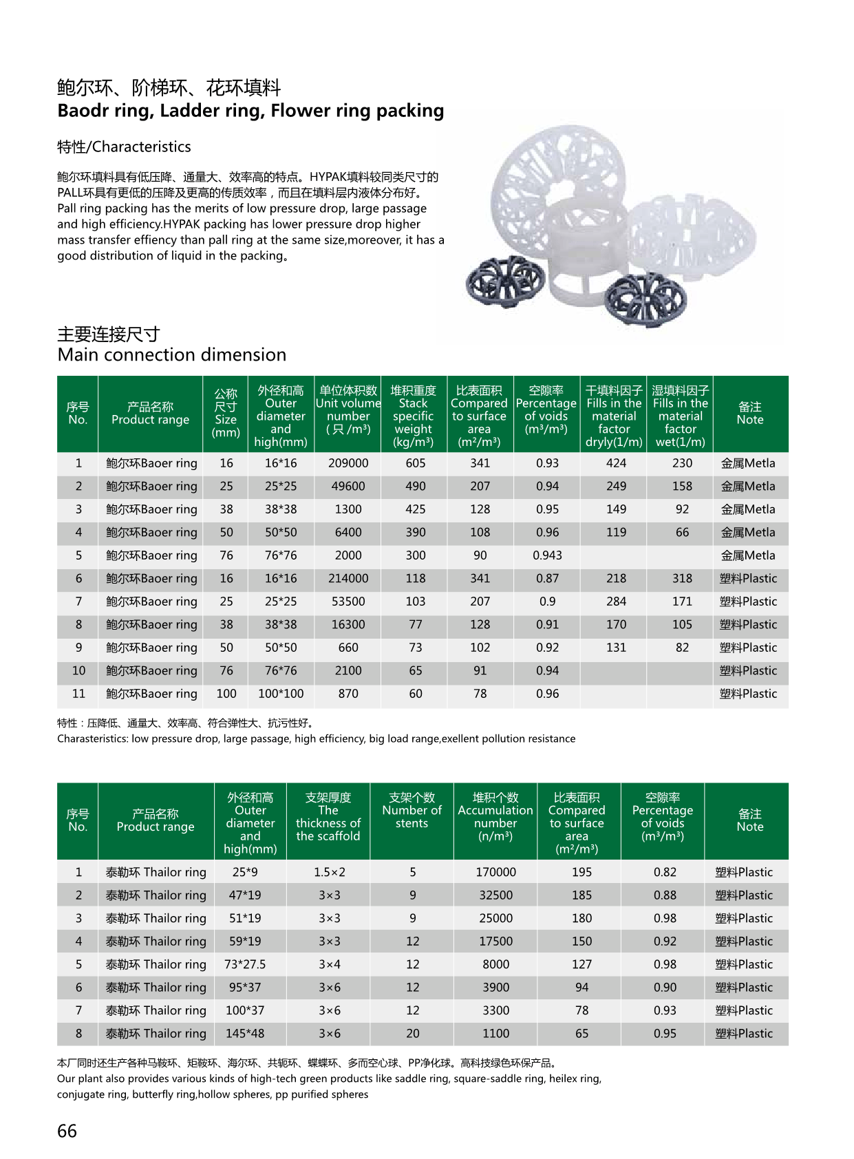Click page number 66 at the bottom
(67, 1131)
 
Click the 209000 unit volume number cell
(348, 463)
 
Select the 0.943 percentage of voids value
(547, 555)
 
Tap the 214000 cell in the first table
(348, 579)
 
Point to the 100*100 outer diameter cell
(281, 694)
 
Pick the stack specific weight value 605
(415, 463)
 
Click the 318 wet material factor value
(682, 579)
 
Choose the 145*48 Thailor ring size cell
(245, 1034)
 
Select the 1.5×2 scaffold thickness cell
(329, 872)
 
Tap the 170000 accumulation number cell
(495, 872)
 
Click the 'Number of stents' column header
(412, 810)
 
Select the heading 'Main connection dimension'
(172, 355)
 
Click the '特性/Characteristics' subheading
(125, 147)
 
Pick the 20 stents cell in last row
(412, 1034)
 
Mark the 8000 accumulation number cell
(495, 964)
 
